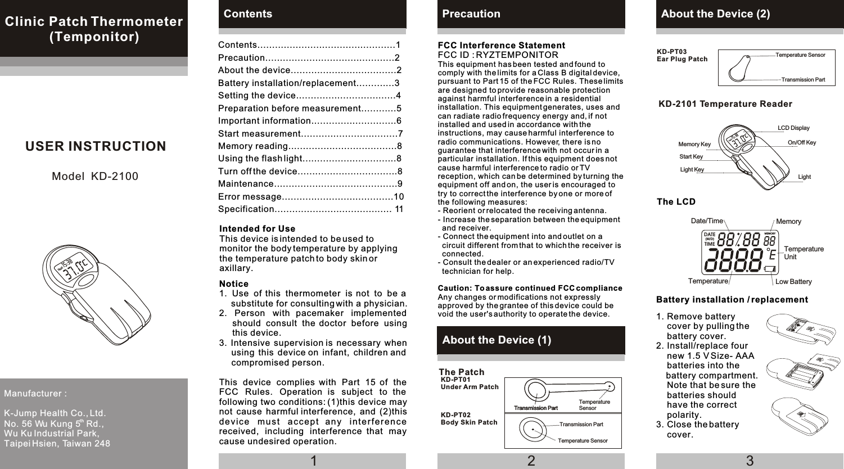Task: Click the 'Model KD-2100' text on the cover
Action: pos(94,177)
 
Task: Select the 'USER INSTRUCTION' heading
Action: pos(96,146)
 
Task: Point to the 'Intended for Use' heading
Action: pos(257,229)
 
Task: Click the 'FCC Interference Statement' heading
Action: pos(501,46)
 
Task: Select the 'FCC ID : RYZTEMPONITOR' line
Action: pos(498,55)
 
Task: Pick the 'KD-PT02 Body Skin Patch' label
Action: pos(469,418)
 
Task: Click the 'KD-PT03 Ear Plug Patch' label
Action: pos(682,55)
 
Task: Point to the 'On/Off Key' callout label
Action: pos(801,143)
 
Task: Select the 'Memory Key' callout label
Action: pos(694,145)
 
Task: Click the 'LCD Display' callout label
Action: pos(793,128)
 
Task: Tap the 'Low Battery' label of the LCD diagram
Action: pos(793,282)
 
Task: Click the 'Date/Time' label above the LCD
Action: pos(706,221)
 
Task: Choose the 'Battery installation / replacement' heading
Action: pos(732,300)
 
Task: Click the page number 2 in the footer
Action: pos(531,461)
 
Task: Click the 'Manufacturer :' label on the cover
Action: pos(35,394)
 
